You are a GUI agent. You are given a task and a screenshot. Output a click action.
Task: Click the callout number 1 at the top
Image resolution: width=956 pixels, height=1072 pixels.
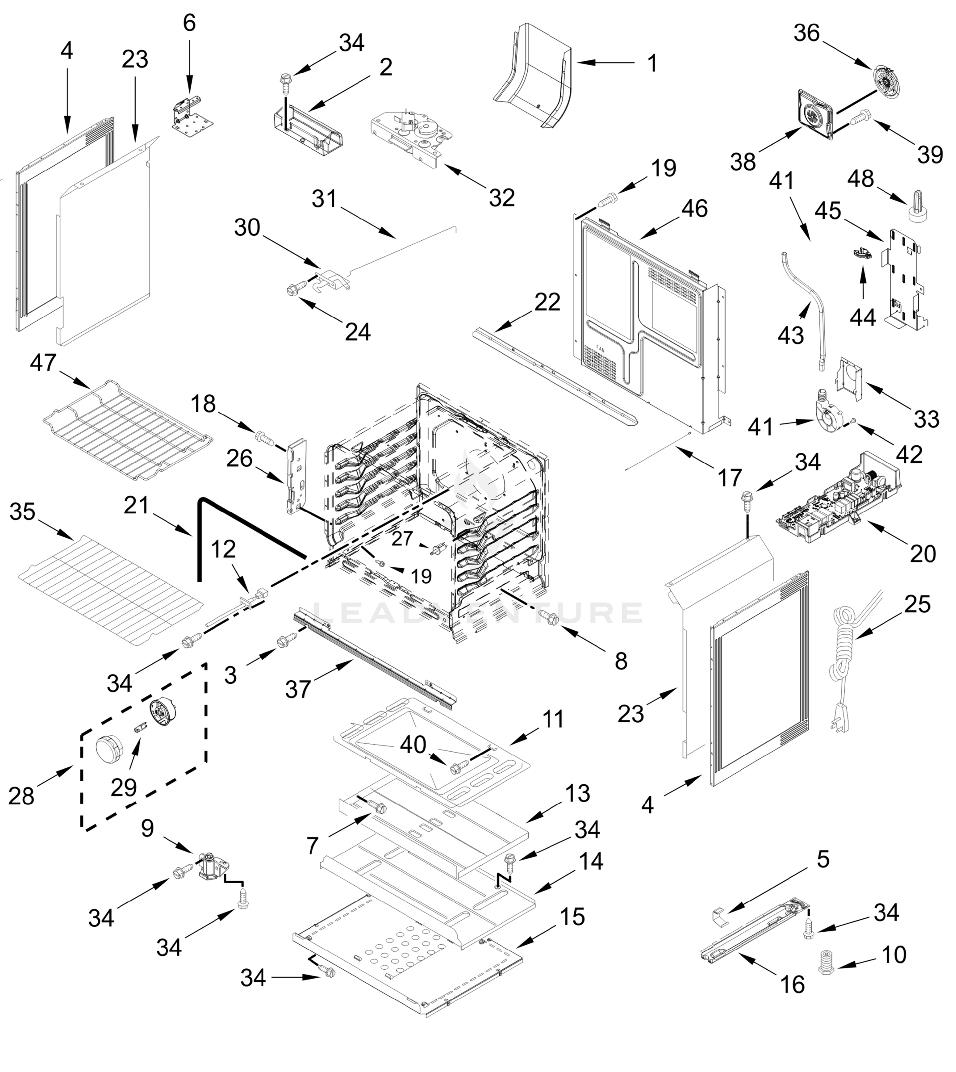click(652, 63)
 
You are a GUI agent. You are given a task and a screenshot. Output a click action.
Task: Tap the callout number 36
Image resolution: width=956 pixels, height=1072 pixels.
click(806, 33)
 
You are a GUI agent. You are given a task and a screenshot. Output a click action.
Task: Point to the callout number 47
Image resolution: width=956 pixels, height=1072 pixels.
click(43, 363)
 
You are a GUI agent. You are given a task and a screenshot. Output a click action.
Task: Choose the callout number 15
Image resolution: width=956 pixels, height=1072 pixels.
click(572, 917)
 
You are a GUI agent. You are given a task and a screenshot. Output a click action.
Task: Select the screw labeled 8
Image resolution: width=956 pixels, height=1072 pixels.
click(551, 619)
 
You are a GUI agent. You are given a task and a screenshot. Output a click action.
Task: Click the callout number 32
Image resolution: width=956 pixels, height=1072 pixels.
click(501, 198)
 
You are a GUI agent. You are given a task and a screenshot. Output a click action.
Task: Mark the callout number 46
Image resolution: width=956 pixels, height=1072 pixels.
click(694, 209)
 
